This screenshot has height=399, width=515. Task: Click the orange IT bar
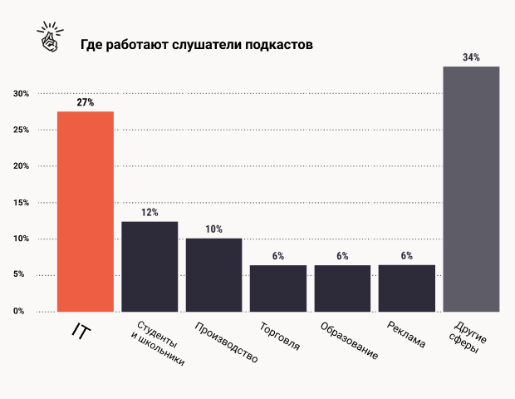point(86,211)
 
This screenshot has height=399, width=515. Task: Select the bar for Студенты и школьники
point(150,266)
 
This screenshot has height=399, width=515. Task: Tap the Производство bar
point(213,274)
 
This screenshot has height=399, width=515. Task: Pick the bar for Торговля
point(278,288)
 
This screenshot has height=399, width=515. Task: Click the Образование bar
point(342,288)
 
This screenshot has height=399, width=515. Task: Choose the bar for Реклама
point(406,288)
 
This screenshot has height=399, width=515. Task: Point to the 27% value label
point(86,102)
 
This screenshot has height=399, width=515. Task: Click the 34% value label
point(471,57)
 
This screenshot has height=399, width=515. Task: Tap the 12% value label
point(150,213)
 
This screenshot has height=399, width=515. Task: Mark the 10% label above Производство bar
point(213,229)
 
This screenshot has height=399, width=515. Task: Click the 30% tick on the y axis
point(21,94)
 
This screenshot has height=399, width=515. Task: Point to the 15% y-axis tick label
point(21,203)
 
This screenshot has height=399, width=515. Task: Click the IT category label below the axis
point(80,332)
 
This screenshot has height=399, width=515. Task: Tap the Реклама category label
point(407,333)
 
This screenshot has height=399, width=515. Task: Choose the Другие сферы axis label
point(470,337)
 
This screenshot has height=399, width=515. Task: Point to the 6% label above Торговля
point(278,256)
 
